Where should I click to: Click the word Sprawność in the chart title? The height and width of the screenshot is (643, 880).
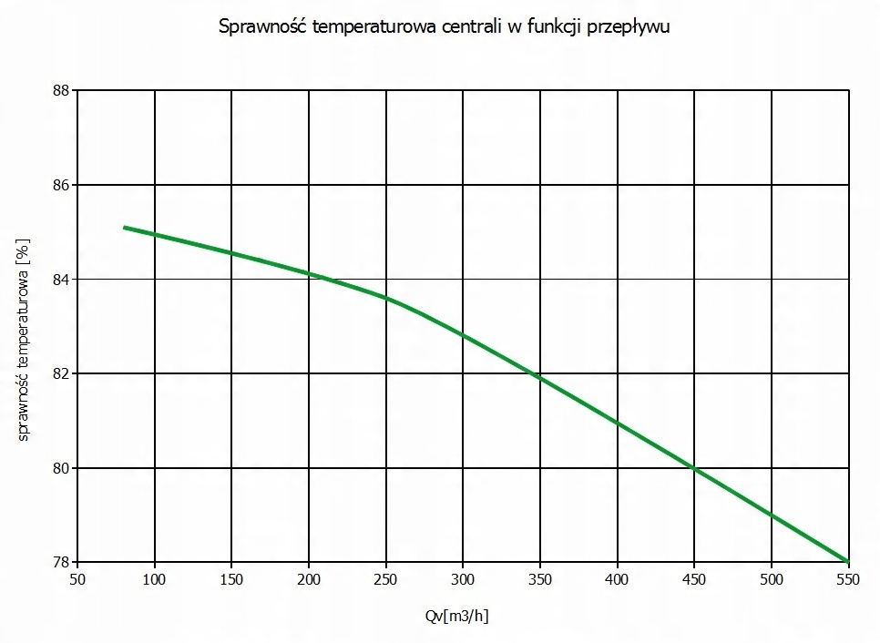[x=262, y=26]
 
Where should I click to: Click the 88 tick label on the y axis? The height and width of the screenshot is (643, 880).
[x=60, y=90]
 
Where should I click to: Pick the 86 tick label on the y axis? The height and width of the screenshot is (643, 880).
[x=60, y=185]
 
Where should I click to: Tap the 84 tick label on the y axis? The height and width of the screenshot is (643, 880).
[x=60, y=279]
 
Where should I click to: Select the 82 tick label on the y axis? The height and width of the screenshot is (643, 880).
[x=60, y=373]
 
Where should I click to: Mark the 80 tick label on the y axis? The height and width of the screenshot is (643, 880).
[x=60, y=468]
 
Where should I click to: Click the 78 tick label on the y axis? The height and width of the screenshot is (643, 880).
[x=60, y=562]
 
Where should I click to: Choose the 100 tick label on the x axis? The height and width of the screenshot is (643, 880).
[x=155, y=579]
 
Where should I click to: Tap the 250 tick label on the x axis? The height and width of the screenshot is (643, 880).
[x=386, y=579]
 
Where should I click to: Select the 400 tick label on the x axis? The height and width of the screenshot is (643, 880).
[x=618, y=579]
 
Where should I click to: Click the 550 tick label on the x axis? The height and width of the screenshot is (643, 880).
[x=848, y=579]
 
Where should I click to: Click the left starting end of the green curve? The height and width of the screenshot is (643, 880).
[x=125, y=228]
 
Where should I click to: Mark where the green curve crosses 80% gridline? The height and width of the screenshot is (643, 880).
[x=694, y=468]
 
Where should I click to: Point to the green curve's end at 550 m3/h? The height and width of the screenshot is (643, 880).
[x=847, y=561]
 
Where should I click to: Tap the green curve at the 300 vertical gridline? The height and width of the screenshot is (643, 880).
[x=464, y=335]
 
